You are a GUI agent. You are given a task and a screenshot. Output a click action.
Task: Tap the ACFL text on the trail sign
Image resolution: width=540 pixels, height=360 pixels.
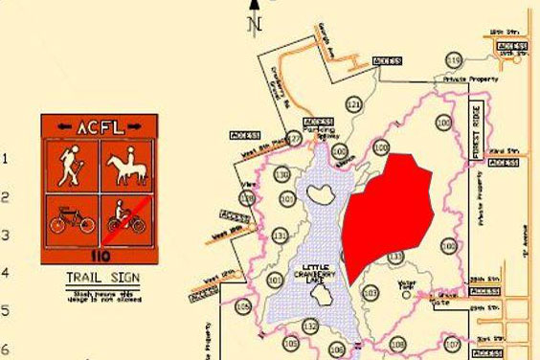[x=95, y=126]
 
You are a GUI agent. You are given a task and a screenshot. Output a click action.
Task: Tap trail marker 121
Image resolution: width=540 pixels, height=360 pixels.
[x=355, y=103]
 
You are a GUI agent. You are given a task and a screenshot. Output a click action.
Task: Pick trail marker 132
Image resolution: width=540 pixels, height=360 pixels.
[x=310, y=326]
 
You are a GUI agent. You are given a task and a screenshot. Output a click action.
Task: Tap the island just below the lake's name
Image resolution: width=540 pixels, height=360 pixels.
[x=323, y=297]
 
